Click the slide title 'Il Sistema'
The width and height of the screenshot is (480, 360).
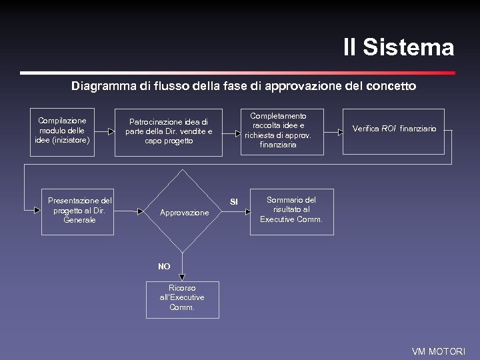click(x=398, y=48)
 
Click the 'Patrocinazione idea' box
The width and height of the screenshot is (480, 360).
click(x=169, y=131)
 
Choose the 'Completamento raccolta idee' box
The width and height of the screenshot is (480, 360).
click(x=277, y=130)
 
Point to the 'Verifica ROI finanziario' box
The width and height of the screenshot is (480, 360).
click(x=394, y=129)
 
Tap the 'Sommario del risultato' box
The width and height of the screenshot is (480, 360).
click(x=291, y=209)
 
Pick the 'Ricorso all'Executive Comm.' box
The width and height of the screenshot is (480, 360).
click(x=182, y=298)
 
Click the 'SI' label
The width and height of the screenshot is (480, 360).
click(x=234, y=201)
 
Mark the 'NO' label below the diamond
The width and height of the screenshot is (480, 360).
click(x=164, y=267)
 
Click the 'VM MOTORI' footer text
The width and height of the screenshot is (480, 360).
click(x=439, y=351)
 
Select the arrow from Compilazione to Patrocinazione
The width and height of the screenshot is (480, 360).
click(x=105, y=131)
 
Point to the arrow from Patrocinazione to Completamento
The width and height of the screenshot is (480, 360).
click(x=232, y=131)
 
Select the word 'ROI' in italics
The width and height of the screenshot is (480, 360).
click(x=389, y=129)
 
